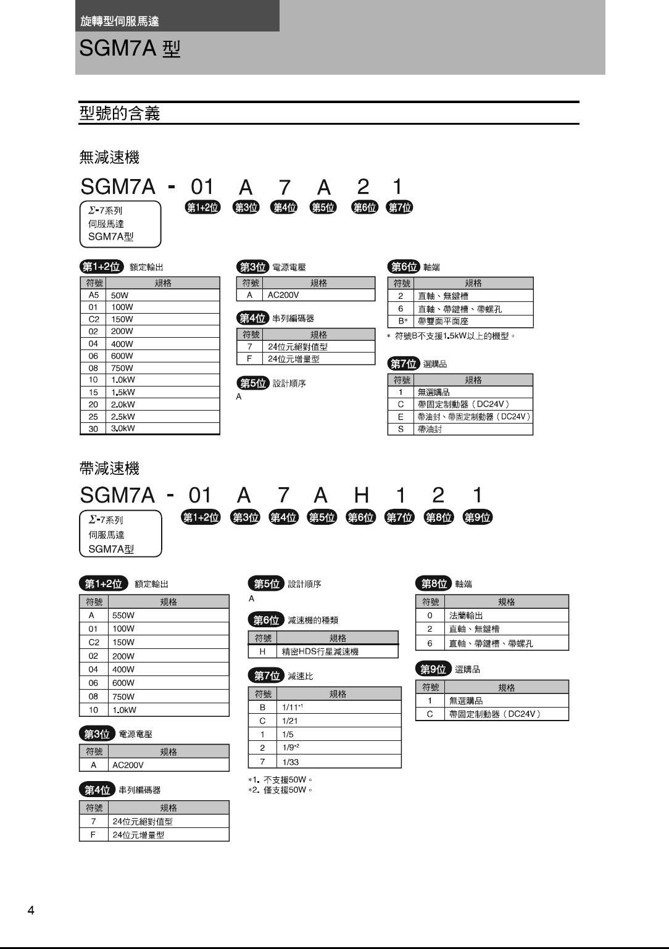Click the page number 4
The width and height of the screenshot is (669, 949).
31,911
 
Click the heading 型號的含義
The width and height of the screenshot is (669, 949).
120,114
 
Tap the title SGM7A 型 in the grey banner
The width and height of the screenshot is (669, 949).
130,49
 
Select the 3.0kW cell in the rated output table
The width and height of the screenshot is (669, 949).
123,429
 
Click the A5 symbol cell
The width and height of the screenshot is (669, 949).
93,295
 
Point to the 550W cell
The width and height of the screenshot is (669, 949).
123,616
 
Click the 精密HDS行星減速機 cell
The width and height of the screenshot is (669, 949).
320,651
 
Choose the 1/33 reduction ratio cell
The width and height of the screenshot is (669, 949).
291,762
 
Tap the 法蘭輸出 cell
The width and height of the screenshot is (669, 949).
466,616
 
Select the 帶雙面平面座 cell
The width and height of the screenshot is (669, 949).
443,321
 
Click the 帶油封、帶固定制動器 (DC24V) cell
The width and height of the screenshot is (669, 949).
473,417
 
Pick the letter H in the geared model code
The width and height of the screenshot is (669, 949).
361,495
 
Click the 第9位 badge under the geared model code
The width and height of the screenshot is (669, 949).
477,517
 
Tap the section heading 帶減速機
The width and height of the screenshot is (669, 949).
109,469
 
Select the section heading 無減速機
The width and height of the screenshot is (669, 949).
109,157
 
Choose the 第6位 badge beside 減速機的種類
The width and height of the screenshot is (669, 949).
266,620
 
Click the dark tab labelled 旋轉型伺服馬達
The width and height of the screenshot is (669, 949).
120,22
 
